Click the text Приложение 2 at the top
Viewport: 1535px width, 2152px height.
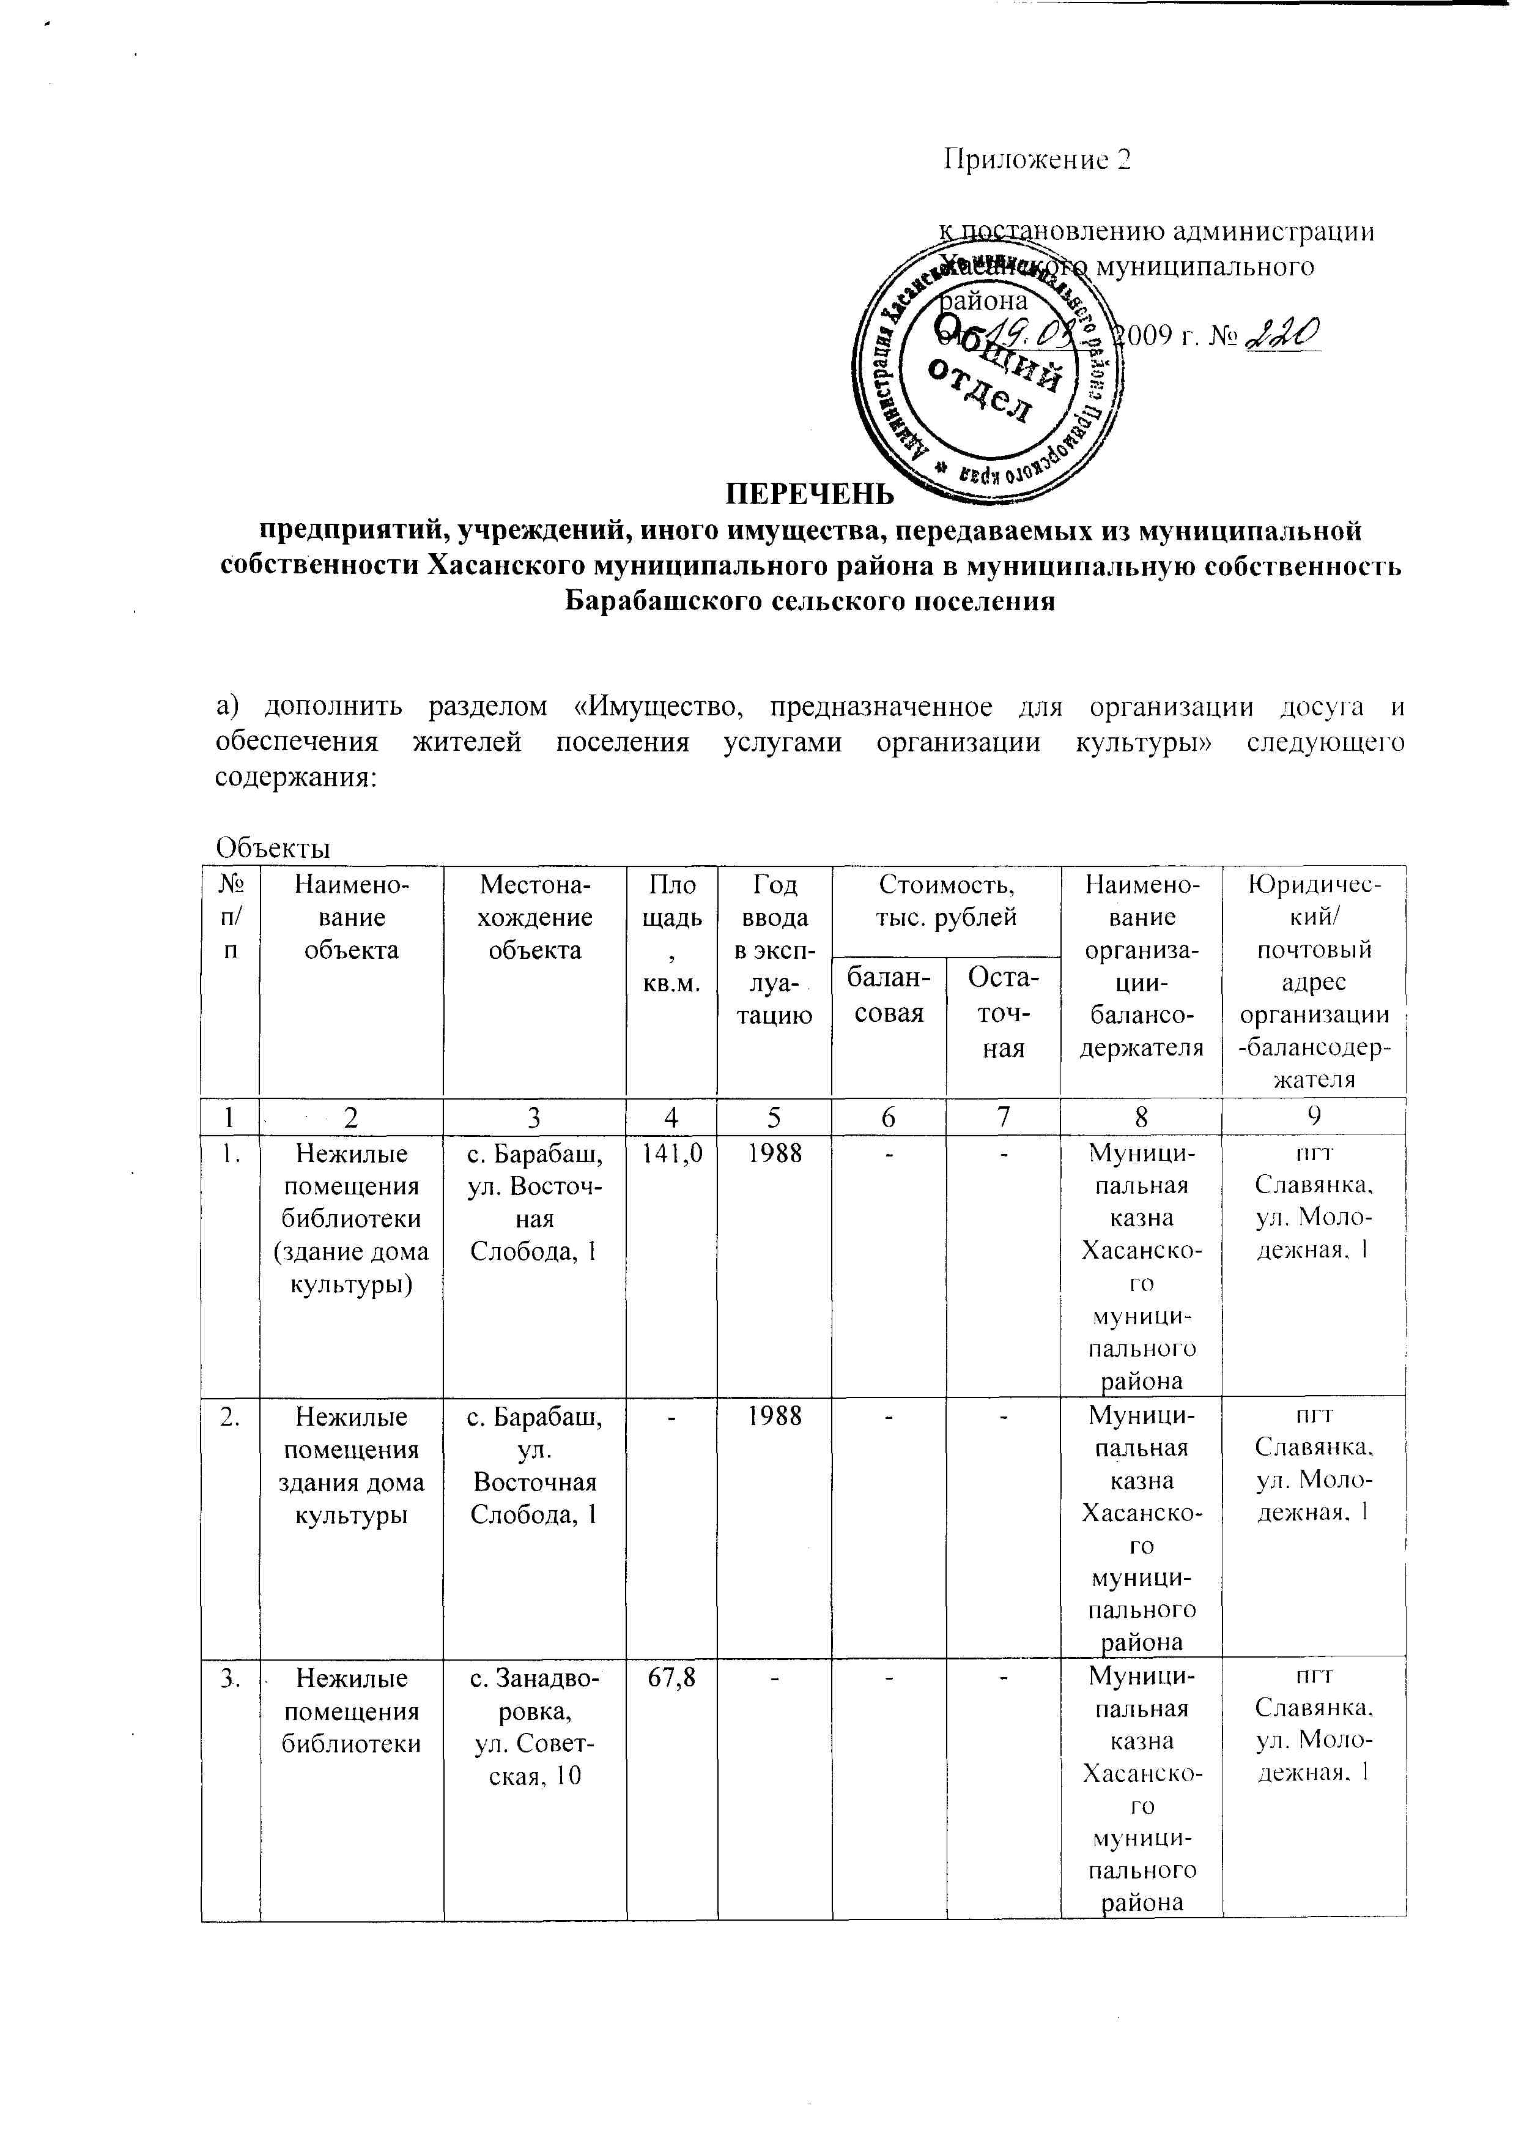(x=1037, y=160)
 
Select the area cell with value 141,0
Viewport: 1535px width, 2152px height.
(x=671, y=1153)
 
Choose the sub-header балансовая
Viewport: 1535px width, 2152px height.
(x=889, y=996)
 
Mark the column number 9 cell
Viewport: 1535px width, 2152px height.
(x=1314, y=1117)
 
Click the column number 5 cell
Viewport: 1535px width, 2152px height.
(x=774, y=1117)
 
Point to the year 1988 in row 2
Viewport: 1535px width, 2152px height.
(x=774, y=1415)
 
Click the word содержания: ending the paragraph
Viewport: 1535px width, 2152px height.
(x=296, y=777)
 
